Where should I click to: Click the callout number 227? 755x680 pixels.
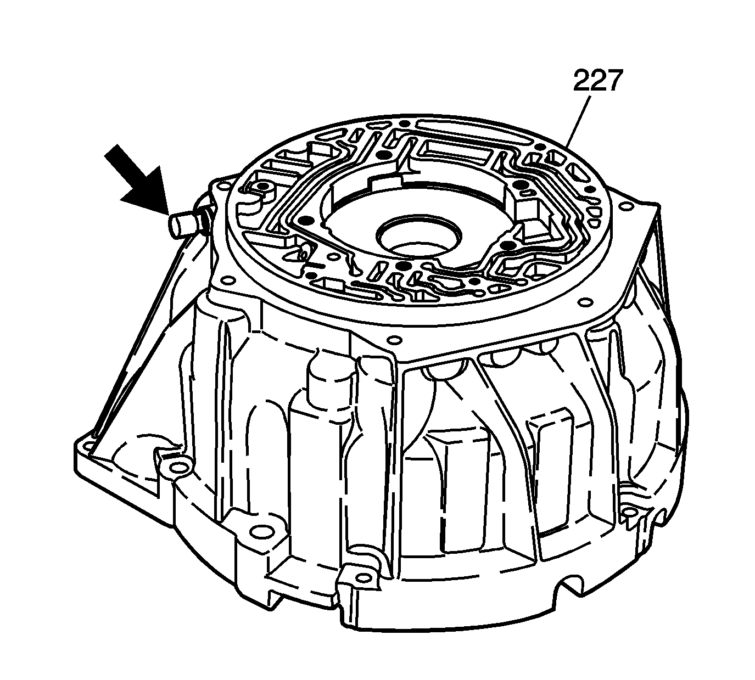(596, 80)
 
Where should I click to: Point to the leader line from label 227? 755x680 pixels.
(579, 120)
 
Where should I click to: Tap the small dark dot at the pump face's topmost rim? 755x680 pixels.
(404, 123)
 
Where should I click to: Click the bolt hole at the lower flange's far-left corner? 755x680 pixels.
(89, 446)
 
